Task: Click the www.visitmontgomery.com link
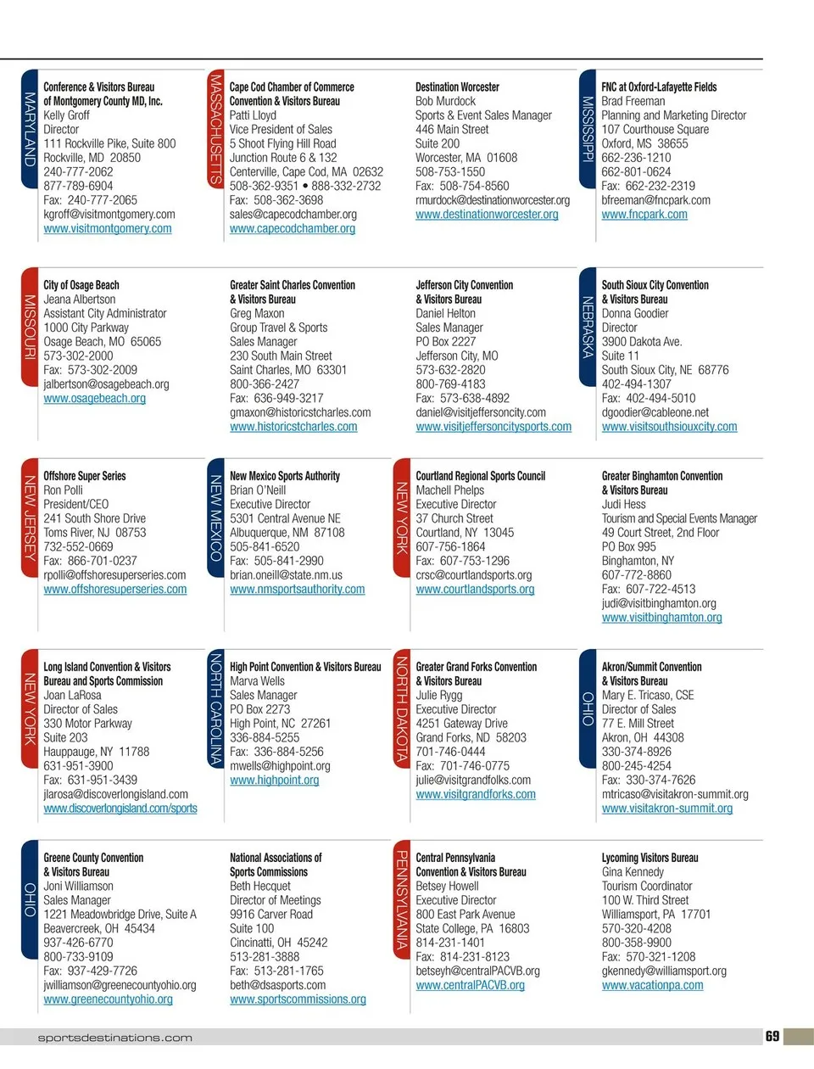[108, 228]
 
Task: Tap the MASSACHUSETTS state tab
[215, 129]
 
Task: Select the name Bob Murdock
[445, 101]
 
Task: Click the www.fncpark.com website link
[644, 215]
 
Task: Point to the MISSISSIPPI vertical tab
[587, 129]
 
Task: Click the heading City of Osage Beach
[81, 285]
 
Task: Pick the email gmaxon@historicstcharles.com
[300, 412]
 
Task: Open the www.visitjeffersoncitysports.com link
[493, 427]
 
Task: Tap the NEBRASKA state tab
[587, 327]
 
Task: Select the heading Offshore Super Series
[85, 476]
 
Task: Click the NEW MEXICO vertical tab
[215, 518]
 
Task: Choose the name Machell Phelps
[450, 490]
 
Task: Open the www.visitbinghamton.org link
[661, 618]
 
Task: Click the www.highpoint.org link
[275, 780]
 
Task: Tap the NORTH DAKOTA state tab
[401, 710]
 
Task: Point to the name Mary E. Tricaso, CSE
[648, 695]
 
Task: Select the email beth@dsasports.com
[278, 985]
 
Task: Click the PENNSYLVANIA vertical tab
[401, 900]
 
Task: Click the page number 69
[772, 1036]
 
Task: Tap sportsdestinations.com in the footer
[115, 1038]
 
